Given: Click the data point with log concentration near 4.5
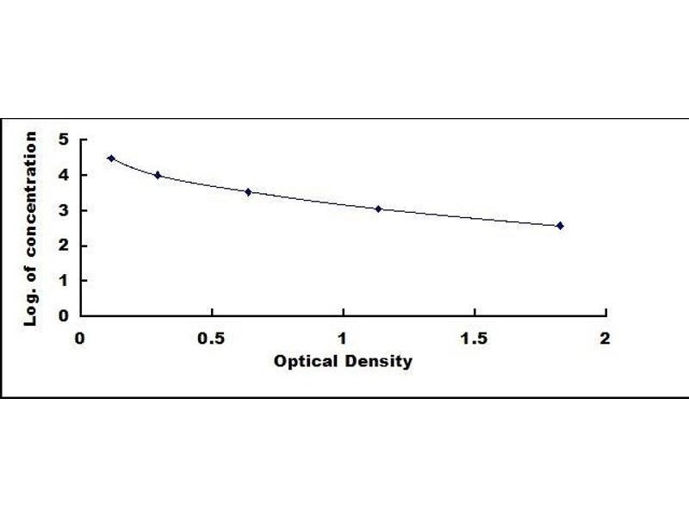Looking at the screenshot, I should point(111,159).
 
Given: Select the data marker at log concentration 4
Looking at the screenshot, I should point(158,175).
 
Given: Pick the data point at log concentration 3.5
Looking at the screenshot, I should point(248,192).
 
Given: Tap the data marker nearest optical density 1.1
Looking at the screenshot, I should point(378,209).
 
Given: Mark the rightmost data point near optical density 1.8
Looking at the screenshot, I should point(560,226).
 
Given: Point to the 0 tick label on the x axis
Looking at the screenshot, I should point(80,338).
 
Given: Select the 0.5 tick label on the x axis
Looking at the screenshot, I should point(212,338).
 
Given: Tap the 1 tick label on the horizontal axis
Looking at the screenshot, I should point(343,338).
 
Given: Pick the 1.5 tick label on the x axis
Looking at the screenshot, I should point(474,338).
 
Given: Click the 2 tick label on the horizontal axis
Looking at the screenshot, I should point(605,338).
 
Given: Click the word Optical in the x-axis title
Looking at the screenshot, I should point(303,361).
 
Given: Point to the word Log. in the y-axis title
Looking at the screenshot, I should point(31,306).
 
